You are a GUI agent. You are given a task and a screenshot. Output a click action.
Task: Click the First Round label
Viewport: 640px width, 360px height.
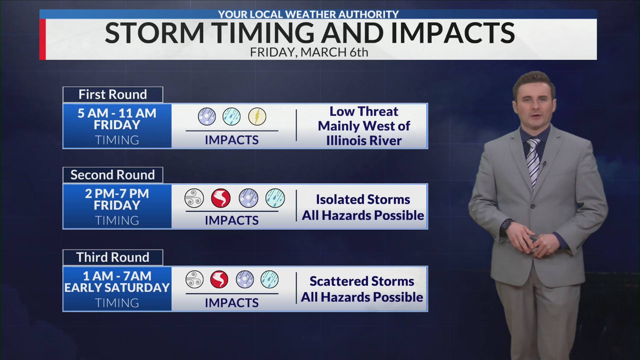pyautogui.click(x=113, y=95)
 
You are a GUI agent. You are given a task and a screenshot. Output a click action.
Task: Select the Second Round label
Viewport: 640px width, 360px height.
pyautogui.click(x=113, y=175)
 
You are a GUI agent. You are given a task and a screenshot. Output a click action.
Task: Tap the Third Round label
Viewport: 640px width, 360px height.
pyautogui.click(x=113, y=257)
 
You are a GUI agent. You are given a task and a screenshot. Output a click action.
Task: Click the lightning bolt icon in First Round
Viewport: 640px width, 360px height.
pyautogui.click(x=257, y=116)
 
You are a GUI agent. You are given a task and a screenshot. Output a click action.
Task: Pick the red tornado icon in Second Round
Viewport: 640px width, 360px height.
pyautogui.click(x=221, y=198)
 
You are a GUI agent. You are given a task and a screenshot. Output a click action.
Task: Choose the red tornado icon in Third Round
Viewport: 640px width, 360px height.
pyautogui.click(x=219, y=279)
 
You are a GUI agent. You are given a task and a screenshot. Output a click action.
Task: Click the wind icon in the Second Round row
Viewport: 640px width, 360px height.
pyautogui.click(x=194, y=198)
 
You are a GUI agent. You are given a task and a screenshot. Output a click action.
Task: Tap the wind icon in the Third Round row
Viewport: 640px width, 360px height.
pyautogui.click(x=194, y=279)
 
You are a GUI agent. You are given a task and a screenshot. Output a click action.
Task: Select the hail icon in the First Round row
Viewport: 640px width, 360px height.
pyautogui.click(x=207, y=116)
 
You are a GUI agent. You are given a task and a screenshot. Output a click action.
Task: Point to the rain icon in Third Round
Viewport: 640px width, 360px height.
pyautogui.click(x=269, y=279)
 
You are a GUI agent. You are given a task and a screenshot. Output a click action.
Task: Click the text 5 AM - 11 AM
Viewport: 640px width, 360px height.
pyautogui.click(x=117, y=113)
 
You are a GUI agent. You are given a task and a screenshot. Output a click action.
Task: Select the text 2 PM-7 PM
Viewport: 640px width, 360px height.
pyautogui.click(x=117, y=194)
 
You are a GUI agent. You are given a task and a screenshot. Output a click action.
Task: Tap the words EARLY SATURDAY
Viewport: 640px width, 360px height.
pyautogui.click(x=117, y=288)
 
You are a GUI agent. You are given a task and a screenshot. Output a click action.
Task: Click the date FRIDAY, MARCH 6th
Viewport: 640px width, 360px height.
pyautogui.click(x=309, y=52)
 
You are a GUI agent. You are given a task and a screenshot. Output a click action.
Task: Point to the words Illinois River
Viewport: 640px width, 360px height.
pyautogui.click(x=364, y=141)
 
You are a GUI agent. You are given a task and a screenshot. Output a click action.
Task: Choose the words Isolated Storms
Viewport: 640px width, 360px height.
pyautogui.click(x=363, y=199)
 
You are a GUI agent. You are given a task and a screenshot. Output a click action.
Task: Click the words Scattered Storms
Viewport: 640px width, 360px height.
pyautogui.click(x=362, y=281)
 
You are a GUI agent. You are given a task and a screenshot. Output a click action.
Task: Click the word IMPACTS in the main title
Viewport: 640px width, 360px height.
pyautogui.click(x=453, y=33)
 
